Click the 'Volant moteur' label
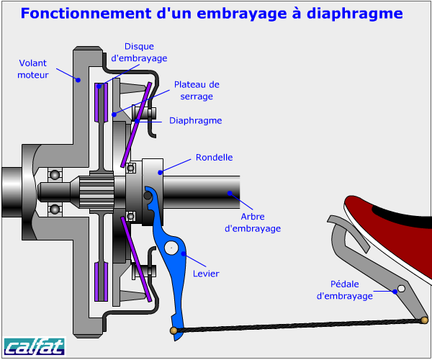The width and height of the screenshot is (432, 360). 33,68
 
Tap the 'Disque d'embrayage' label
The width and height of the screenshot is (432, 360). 140,53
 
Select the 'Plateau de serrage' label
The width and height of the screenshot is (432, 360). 196,90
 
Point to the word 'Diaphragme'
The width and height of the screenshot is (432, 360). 195,120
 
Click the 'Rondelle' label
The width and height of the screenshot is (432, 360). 215,158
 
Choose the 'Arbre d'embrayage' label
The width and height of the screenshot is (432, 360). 252,222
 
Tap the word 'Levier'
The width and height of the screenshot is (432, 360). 206,274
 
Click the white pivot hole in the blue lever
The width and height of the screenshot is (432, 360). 171,248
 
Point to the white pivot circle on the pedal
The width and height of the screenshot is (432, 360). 402,289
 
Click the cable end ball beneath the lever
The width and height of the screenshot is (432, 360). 174,330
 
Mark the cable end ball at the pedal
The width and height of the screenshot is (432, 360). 425,319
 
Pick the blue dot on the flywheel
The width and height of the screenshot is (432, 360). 78,80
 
